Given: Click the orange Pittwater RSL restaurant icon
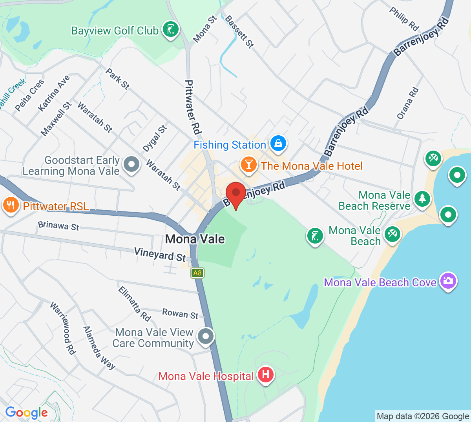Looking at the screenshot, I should (x=11, y=206).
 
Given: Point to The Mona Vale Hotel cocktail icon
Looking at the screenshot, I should (x=249, y=164).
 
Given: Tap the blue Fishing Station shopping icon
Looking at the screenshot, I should (x=278, y=144).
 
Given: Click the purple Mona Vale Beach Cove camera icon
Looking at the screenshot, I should (x=448, y=281).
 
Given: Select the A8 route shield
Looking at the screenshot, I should (x=197, y=273).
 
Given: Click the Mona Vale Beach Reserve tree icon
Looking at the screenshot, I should (x=422, y=198).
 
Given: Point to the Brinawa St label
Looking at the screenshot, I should (x=58, y=226).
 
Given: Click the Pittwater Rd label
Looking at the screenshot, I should (x=193, y=107).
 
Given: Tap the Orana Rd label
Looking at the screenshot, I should (x=407, y=103).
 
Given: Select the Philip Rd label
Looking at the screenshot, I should (x=404, y=18).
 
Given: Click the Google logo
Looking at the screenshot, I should (x=26, y=412).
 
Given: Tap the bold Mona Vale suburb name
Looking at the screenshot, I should (x=195, y=239).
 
